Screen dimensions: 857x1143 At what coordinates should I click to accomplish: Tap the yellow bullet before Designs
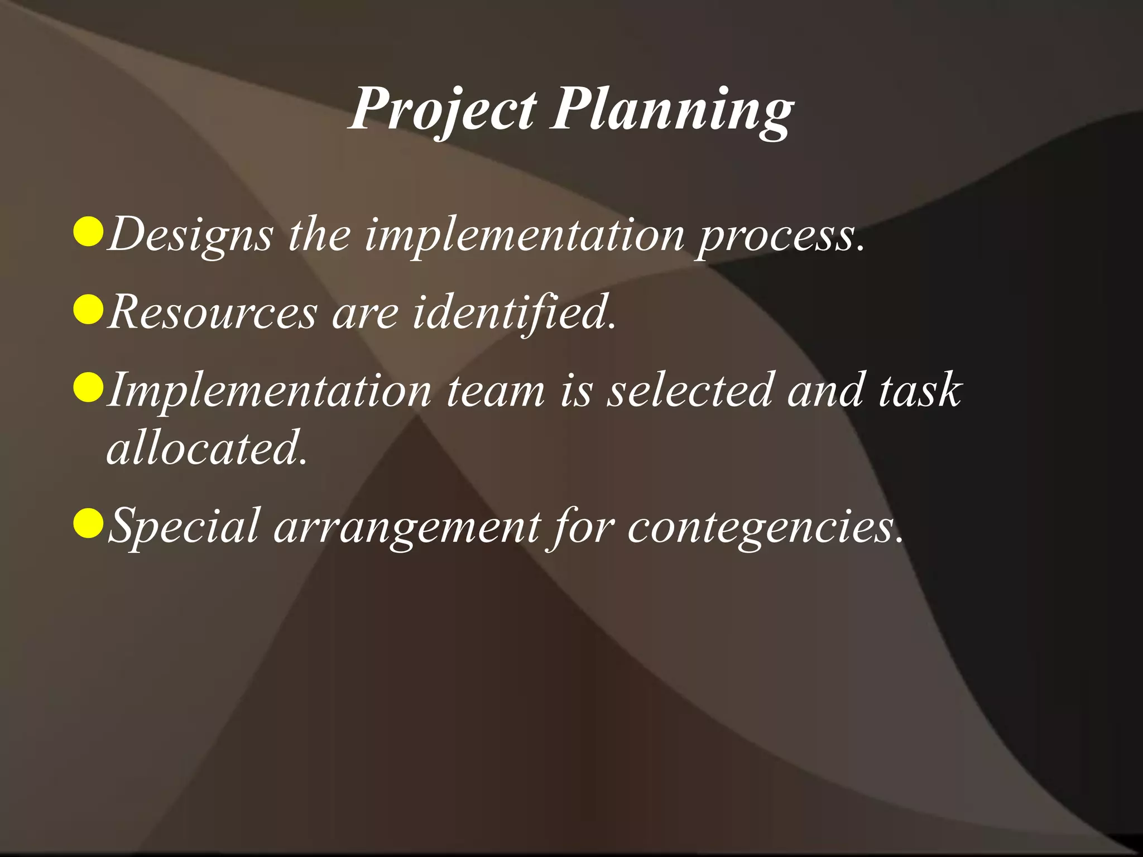pyautogui.click(x=88, y=232)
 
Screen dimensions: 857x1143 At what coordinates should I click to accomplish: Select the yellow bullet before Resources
pyautogui.click(x=88, y=310)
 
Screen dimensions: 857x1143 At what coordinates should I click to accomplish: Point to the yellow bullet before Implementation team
pyautogui.click(x=88, y=388)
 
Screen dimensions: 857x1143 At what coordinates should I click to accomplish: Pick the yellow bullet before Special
pyautogui.click(x=88, y=524)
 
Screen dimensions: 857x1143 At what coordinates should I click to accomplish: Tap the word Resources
pyautogui.click(x=212, y=312)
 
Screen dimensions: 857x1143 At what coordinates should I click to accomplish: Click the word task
pyautogui.click(x=920, y=390)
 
